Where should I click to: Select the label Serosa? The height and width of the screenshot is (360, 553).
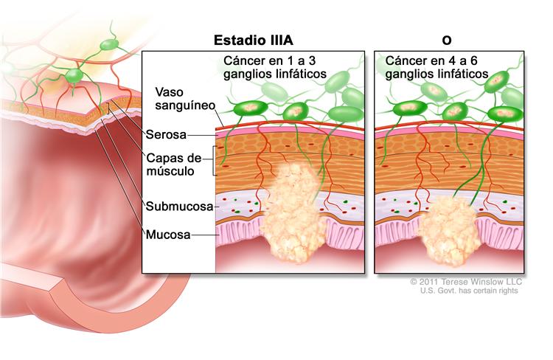click(x=165, y=135)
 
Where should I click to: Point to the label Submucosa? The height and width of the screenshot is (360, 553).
click(x=179, y=207)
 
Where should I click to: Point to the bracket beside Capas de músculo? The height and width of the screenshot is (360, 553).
click(x=213, y=161)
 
